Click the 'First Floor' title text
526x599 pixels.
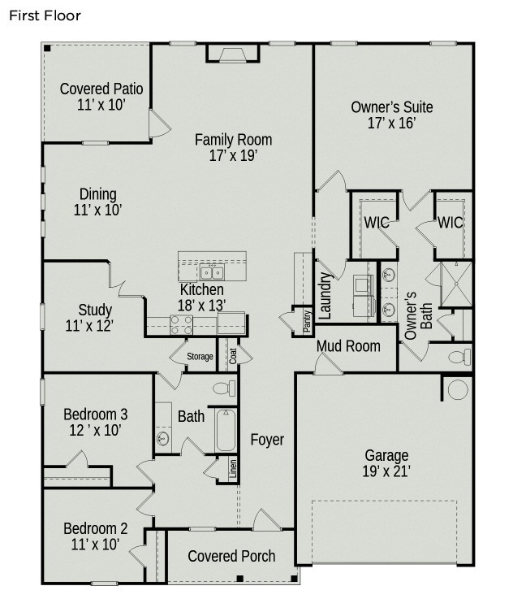[45, 15]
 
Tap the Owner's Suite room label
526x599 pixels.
[391, 106]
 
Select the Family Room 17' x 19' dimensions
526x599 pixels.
[233, 156]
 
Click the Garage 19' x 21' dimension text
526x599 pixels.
[386, 471]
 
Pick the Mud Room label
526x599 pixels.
[348, 346]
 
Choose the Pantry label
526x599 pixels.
[307, 320]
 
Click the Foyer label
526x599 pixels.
[267, 440]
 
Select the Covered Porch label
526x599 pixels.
[231, 556]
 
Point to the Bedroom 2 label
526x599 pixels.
[96, 527]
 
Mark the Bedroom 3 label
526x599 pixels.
[96, 414]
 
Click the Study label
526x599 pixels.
[95, 310]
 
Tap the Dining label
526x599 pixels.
[97, 194]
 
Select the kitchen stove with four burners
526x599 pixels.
[181, 325]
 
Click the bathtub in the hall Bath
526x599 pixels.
[225, 430]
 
